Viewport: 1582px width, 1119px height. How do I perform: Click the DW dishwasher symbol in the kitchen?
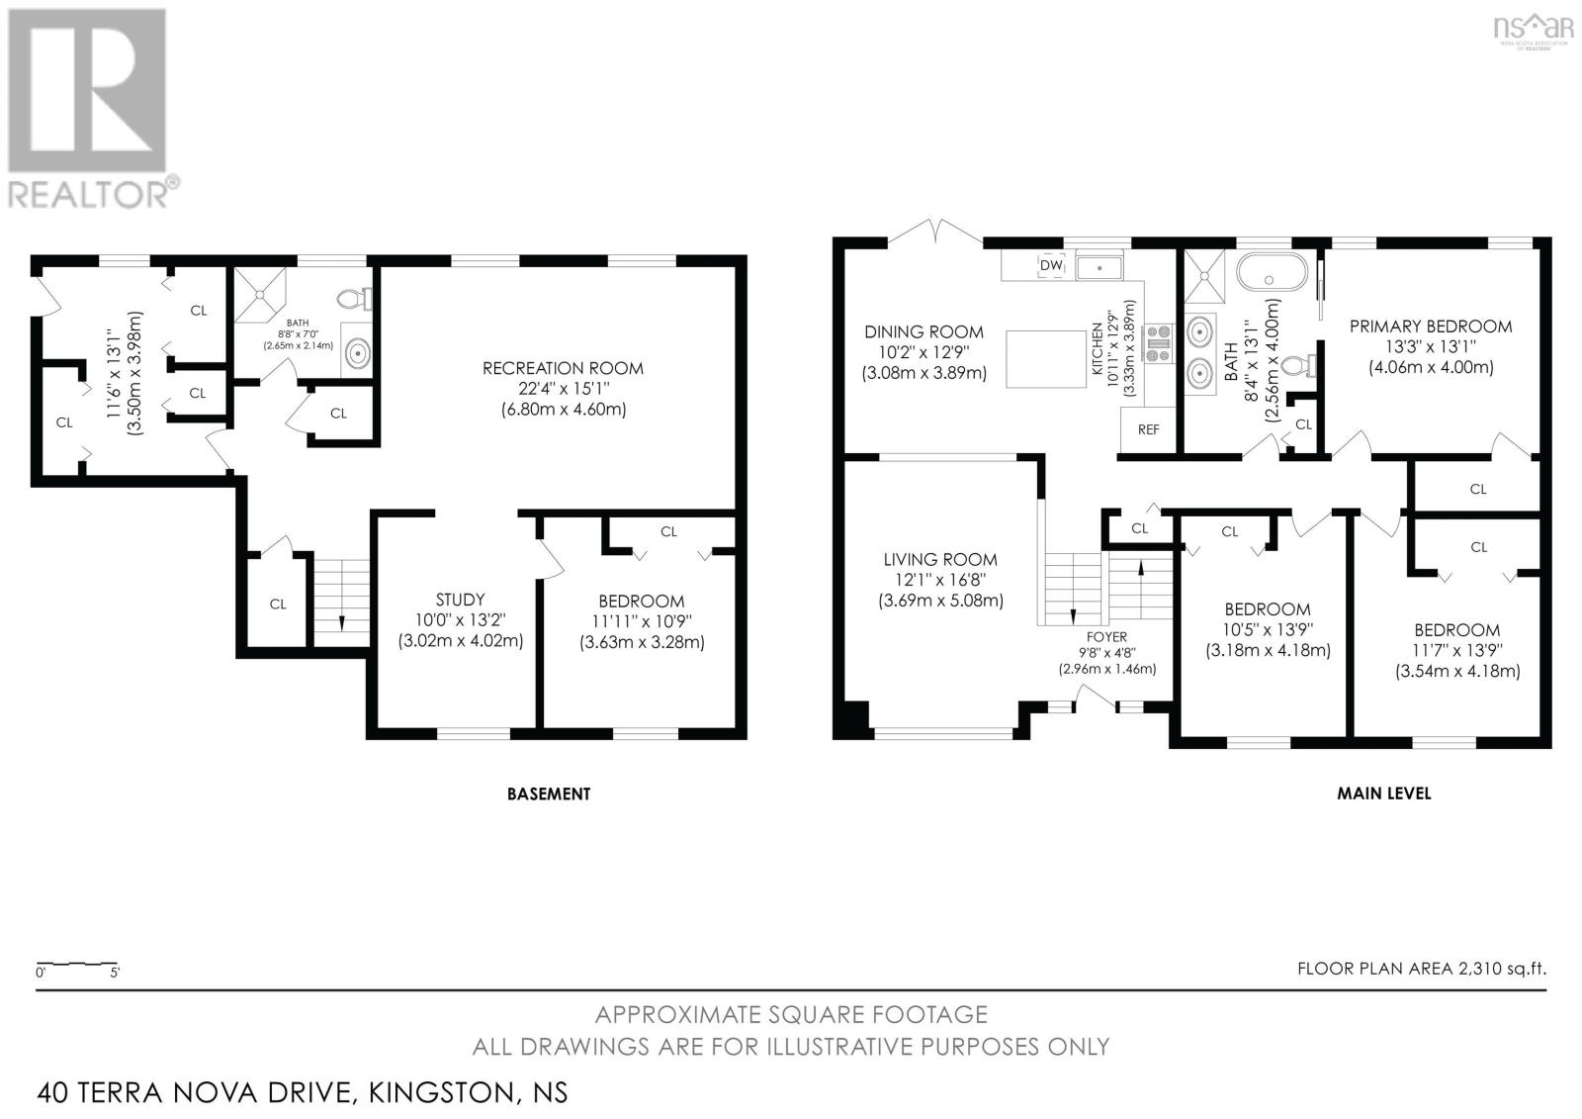1050,265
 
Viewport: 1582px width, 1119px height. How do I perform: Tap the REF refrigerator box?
1148,429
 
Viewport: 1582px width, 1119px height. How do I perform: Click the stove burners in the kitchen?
1158,345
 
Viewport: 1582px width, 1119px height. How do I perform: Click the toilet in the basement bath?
352,297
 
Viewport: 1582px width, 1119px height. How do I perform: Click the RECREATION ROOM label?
562,368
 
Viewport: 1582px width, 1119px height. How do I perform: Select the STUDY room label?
460,600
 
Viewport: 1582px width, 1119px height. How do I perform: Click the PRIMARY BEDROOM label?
1430,326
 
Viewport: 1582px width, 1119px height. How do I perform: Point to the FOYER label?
1106,637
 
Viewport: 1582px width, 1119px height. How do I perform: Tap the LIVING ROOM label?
939,560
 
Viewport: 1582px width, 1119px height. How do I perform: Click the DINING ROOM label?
923,332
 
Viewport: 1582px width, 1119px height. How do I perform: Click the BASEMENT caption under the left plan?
548,793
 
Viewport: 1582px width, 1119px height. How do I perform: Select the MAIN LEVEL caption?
1383,793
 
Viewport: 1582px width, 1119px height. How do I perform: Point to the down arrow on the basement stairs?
341,621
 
